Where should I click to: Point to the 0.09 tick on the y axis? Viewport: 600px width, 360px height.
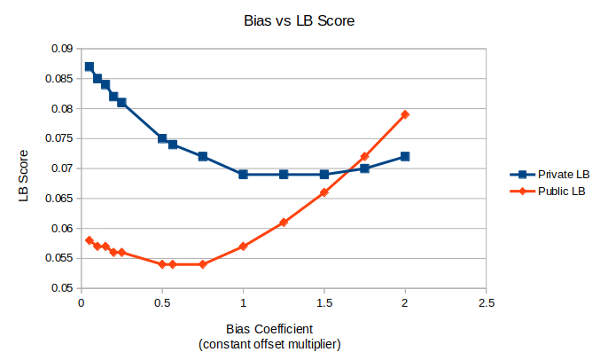coord(59,49)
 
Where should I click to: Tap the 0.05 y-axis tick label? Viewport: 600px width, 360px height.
coord(59,288)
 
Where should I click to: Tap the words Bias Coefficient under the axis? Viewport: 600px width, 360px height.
coord(269,328)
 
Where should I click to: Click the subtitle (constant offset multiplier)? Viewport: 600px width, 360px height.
coord(269,343)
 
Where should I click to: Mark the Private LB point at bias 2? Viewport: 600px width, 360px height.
coord(405,156)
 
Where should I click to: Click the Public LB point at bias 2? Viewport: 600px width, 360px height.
coord(405,114)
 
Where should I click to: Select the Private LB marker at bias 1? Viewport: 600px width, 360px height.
coord(243,174)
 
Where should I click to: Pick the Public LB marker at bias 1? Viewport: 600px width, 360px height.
coord(243,247)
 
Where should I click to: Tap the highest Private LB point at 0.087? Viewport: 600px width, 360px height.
coord(89,67)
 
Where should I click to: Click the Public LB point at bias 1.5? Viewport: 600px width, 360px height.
coord(324,192)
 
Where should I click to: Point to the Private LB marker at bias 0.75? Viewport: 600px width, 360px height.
coord(202,156)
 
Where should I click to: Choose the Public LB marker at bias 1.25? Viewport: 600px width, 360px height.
coord(284,223)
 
